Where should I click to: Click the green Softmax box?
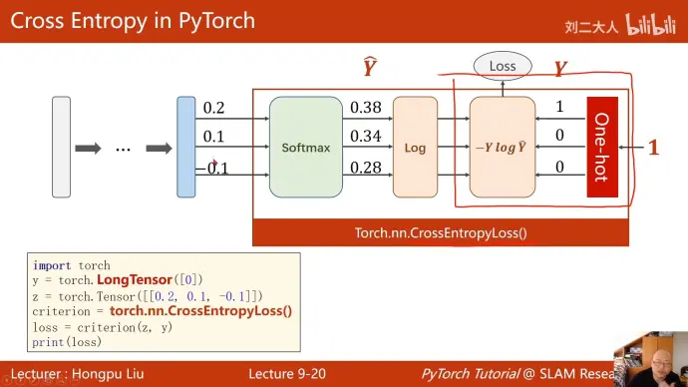click(x=305, y=147)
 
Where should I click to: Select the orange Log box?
click(x=415, y=147)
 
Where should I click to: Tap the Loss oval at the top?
click(x=503, y=67)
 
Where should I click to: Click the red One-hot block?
click(x=602, y=147)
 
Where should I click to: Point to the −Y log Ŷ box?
click(x=503, y=147)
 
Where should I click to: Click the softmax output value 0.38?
click(x=366, y=108)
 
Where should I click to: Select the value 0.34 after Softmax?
click(x=366, y=137)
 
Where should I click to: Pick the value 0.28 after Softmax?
click(x=366, y=167)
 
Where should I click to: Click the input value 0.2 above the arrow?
click(x=213, y=108)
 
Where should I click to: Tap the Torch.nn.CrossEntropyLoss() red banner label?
click(x=440, y=233)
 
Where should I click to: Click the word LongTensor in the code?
click(x=135, y=280)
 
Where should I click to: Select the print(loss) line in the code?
click(x=66, y=342)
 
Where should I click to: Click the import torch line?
click(x=72, y=265)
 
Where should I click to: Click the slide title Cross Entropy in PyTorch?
click(x=133, y=21)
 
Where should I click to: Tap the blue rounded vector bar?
click(x=185, y=147)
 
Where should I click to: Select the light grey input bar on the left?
click(x=61, y=147)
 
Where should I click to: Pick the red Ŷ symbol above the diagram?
click(x=369, y=68)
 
